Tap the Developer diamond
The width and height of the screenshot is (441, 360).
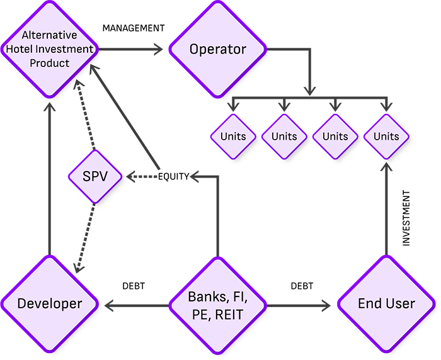50,303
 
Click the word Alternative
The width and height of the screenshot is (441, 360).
50,36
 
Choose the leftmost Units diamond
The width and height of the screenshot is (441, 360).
232,136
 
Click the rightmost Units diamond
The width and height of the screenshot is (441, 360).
386,136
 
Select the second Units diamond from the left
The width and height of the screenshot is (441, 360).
283,136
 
